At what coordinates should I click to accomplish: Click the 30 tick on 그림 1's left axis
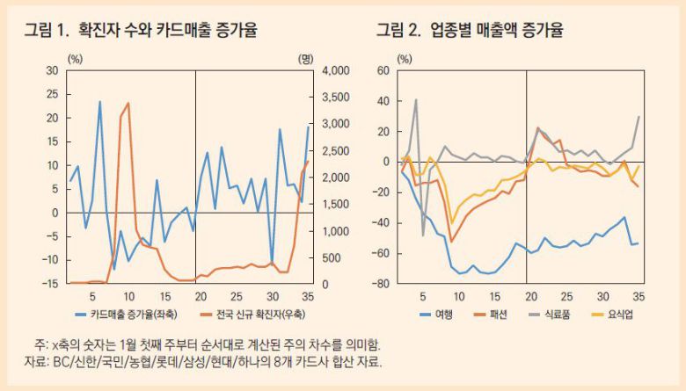point(52,70)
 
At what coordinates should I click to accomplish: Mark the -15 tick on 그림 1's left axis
point(50,283)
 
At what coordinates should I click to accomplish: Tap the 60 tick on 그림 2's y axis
point(382,70)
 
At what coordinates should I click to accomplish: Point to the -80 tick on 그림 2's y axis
point(379,283)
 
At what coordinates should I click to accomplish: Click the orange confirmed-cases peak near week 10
point(128,103)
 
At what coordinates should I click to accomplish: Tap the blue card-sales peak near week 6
point(99,102)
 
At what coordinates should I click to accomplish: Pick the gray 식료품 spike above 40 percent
point(416,99)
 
